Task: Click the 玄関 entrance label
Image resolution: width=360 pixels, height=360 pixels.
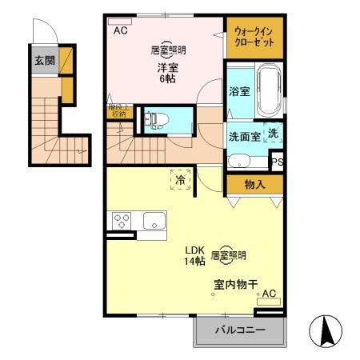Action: [x=43, y=61]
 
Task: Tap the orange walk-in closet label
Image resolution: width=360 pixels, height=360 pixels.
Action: [x=253, y=37]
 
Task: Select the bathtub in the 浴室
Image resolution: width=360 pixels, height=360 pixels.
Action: [x=269, y=91]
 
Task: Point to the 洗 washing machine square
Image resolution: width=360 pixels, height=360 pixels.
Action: [x=273, y=134]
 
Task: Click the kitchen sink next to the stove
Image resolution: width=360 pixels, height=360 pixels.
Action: [x=153, y=220]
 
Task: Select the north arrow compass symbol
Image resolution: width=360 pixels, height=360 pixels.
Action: [x=326, y=331]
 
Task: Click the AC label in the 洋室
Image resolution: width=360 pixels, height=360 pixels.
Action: [x=121, y=31]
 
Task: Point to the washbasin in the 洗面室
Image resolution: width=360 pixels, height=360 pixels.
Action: [x=238, y=161]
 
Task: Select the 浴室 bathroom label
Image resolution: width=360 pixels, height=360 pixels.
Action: [x=239, y=91]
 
